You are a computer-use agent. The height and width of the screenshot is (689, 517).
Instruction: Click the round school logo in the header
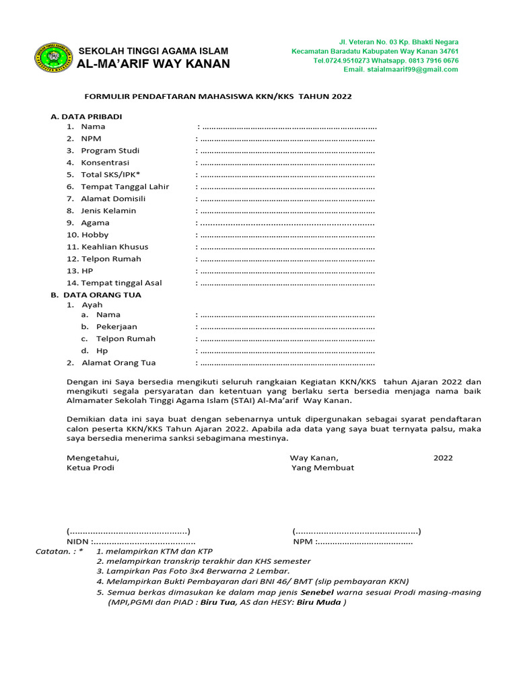coord(53,58)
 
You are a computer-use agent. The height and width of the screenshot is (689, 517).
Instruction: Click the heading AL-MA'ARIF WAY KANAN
coord(154,64)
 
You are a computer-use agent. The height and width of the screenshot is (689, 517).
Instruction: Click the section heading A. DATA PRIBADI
coord(86,116)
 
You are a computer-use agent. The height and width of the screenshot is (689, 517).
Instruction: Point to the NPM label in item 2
coord(91,139)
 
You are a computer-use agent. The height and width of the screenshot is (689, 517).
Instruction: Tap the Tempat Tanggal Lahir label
coord(125,186)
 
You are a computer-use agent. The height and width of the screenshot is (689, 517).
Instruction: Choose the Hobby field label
coord(94,235)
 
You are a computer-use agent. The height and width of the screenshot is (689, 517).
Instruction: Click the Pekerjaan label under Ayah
coord(116,326)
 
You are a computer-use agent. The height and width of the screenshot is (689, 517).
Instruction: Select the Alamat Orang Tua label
coord(118,363)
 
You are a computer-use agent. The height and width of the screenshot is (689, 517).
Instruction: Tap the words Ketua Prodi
coord(90,468)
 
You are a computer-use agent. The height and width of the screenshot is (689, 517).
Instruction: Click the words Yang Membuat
coord(322,468)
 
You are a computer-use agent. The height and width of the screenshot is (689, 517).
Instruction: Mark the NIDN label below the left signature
coord(78,542)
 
